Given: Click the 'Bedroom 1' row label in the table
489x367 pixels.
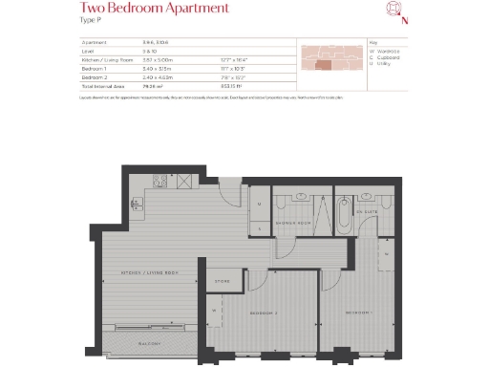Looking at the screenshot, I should click(95, 69).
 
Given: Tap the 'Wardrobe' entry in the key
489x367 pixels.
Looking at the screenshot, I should click(387, 51).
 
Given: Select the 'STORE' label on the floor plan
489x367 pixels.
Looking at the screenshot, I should click(222, 281).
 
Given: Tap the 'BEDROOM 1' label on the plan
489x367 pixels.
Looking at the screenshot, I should click(358, 313).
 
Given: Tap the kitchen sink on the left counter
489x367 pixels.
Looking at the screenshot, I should click(138, 203).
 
